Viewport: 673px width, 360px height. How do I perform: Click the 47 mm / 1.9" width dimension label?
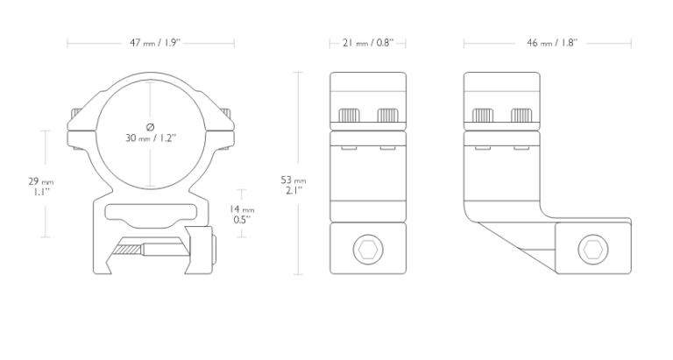155,43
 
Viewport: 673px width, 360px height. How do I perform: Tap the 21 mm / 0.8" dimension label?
368,43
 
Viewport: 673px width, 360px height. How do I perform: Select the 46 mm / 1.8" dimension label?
552,43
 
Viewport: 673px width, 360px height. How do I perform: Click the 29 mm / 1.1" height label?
41,187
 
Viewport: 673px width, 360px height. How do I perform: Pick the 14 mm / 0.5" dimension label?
242,214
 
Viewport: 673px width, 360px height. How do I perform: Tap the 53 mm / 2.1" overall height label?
294,185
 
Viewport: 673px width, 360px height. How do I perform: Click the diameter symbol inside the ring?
150,127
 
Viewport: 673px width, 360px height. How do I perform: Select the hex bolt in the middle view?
368,250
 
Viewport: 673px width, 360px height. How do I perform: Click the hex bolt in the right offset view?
593,250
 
